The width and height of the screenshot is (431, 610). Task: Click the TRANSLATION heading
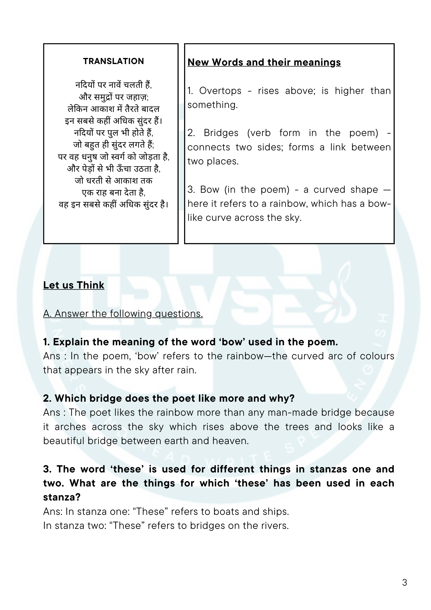[x=113, y=61]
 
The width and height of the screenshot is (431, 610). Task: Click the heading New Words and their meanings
[x=264, y=62]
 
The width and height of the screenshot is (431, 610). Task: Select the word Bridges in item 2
[x=221, y=133]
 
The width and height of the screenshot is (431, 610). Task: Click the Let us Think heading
[x=74, y=285]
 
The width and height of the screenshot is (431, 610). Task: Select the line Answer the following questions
[x=123, y=314]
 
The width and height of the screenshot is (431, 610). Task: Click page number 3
[x=404, y=583]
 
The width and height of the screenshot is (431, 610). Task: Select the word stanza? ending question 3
[x=62, y=497]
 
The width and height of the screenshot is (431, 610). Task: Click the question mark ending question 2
[x=292, y=398]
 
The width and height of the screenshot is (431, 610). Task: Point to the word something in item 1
[x=212, y=105]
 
